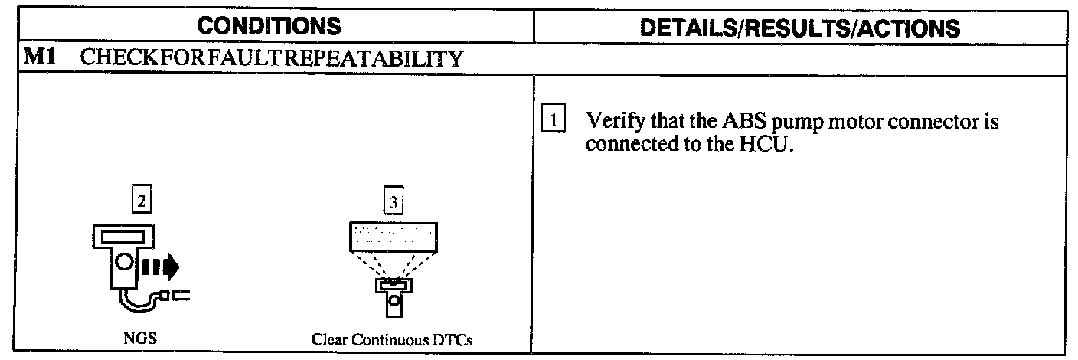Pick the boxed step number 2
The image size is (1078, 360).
[141, 201]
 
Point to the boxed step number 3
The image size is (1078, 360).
[393, 202]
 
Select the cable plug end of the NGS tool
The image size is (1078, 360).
[181, 295]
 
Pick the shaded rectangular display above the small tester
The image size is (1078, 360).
[392, 237]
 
